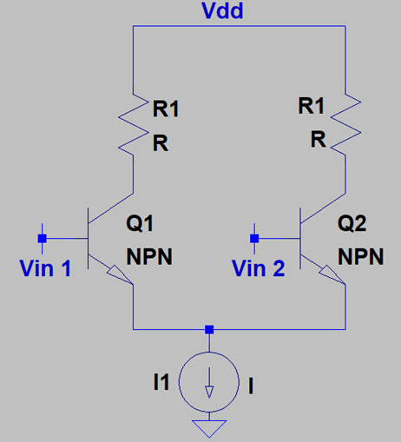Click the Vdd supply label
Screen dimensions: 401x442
click(x=222, y=11)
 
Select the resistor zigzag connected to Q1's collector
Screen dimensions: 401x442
click(x=133, y=124)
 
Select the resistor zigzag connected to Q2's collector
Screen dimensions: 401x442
click(x=345, y=124)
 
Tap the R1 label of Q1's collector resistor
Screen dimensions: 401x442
click(x=166, y=109)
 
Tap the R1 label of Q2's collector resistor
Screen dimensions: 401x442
click(x=311, y=106)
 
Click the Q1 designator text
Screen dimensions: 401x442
click(x=140, y=223)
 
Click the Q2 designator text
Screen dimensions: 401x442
click(x=352, y=223)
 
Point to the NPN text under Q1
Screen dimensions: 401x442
click(x=149, y=256)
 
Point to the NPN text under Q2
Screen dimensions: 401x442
click(x=361, y=256)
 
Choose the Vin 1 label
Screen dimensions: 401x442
click(x=45, y=268)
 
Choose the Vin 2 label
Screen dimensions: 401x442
click(x=259, y=268)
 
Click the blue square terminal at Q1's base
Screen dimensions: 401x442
click(x=43, y=239)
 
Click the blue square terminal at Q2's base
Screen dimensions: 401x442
click(x=254, y=239)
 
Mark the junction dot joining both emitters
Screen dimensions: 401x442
click(x=209, y=329)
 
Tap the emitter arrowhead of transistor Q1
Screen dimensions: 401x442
click(x=119, y=274)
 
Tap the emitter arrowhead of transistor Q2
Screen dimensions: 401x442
click(x=332, y=274)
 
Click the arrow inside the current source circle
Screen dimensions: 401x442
click(x=209, y=383)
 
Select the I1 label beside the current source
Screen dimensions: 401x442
click(x=161, y=382)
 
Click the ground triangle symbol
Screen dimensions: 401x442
click(x=209, y=428)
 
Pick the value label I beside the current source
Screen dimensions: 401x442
click(x=251, y=386)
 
